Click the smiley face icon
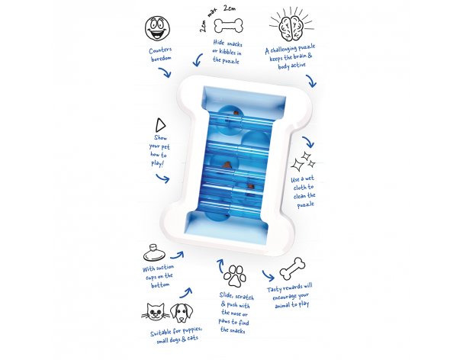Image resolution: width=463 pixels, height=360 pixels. pos(157,28)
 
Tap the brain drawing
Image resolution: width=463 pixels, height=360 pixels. pos(291,26)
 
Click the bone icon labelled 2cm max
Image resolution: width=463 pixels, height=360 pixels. pos(228,25)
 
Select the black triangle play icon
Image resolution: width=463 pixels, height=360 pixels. pos(160,125)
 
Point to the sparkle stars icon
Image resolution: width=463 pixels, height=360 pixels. pos(303,162)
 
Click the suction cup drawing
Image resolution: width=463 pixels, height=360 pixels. pos(154,252)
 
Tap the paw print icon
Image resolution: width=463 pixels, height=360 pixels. pos(235,276)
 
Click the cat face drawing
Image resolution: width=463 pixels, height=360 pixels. pos(155,311)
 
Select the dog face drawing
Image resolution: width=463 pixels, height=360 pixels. pos(182,313)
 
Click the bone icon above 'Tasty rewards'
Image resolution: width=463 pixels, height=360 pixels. pos(292,268)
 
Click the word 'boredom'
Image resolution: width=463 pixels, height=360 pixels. pos(161,59)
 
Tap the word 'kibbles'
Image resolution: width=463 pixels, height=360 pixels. pos(227,53)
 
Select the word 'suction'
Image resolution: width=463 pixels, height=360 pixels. pos(165,268)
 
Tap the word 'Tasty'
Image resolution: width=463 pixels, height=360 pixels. pos(275,289)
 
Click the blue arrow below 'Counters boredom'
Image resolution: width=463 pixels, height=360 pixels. pos(165,72)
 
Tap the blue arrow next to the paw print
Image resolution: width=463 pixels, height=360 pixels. pos(220,265)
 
